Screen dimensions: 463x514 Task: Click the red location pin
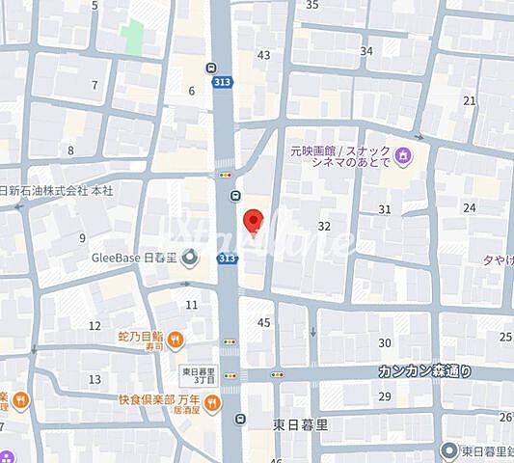click(x=253, y=221)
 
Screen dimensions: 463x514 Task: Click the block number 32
click(x=324, y=227)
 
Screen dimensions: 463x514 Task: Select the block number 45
click(x=264, y=322)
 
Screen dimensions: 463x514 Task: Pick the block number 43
click(x=263, y=55)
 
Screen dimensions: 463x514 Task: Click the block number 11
click(x=191, y=305)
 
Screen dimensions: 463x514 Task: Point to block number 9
click(x=82, y=237)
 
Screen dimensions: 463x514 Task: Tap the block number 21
click(x=470, y=100)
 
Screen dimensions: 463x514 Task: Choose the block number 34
click(x=366, y=51)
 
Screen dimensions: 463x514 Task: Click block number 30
click(x=385, y=343)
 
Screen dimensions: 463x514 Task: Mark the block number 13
click(x=95, y=380)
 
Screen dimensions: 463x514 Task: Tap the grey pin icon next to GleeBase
click(x=190, y=258)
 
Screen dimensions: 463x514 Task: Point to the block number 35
click(x=311, y=5)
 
